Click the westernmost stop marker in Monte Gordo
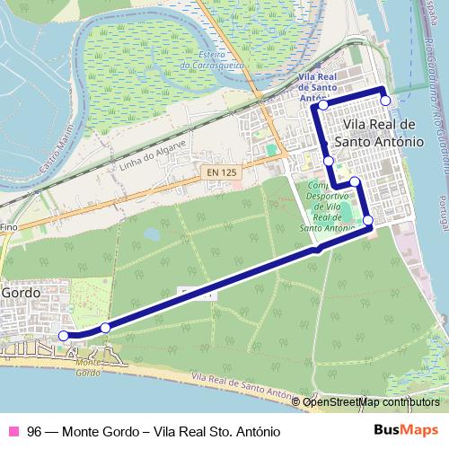tap(63, 336)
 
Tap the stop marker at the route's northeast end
tap(385, 101)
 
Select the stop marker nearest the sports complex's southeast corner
tap(367, 220)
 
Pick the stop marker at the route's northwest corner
tap(322, 106)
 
